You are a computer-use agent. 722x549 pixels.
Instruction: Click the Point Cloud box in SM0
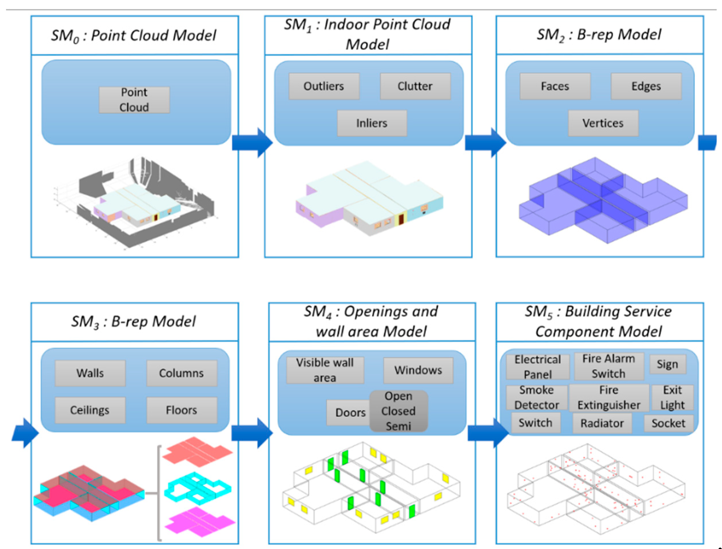134,100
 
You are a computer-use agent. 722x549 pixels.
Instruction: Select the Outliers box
324,86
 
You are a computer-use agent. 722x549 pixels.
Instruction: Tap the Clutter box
415,86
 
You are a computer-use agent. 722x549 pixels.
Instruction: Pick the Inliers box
372,123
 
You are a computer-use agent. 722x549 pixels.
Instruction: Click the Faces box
555,86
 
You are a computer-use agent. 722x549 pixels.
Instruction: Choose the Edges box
646,86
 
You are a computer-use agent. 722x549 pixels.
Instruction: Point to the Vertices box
603,123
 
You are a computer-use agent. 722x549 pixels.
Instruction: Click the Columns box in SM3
181,373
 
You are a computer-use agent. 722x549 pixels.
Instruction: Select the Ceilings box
90,410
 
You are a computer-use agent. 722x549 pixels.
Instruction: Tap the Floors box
181,410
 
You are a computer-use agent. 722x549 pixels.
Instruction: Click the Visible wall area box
325,370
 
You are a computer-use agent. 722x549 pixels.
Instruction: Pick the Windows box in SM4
418,370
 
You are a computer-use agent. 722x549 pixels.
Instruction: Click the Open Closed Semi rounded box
398,411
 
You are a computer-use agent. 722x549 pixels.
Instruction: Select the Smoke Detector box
536,397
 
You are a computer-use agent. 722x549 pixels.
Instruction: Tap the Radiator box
602,423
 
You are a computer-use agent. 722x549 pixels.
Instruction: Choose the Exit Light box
672,397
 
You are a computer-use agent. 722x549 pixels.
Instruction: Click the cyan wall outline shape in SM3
197,487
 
